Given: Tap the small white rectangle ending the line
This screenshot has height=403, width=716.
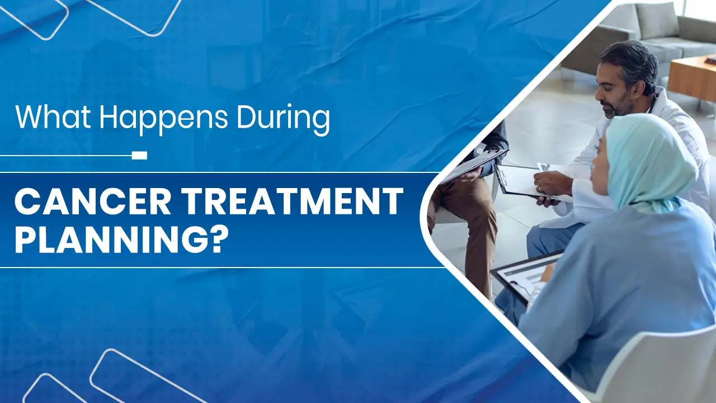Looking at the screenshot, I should [139, 155].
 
